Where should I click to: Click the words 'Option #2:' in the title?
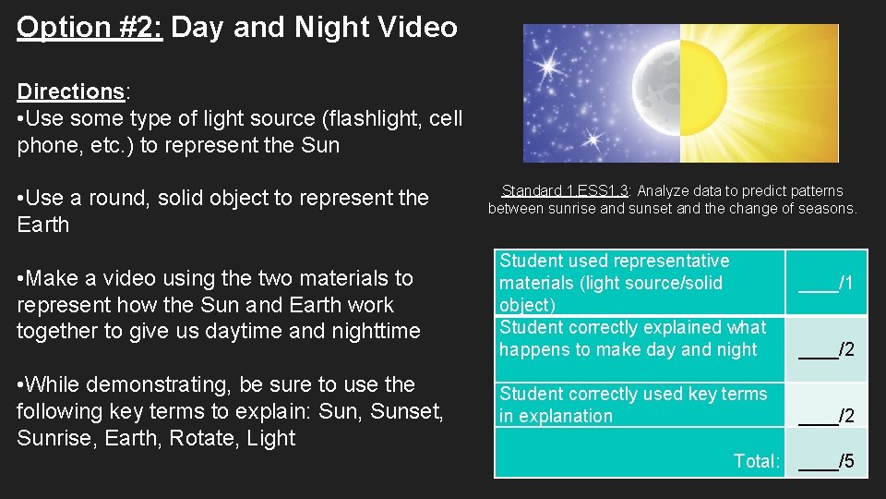point(90,27)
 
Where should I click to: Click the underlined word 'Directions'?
point(70,91)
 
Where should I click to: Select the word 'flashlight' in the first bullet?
point(355,118)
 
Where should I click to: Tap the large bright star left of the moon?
point(551,67)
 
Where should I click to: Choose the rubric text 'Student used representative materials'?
point(614,272)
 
